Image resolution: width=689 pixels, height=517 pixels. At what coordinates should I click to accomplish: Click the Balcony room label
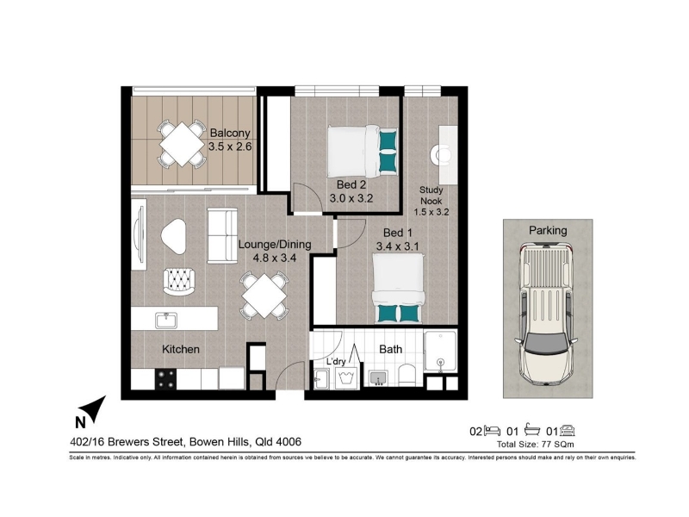pyautogui.click(x=230, y=133)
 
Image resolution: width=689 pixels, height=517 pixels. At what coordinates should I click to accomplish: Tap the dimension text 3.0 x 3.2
pyautogui.click(x=351, y=198)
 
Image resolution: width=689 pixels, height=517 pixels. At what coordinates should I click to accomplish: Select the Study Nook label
pyautogui.click(x=431, y=196)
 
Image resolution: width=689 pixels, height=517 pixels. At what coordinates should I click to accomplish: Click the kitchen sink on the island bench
pyautogui.click(x=166, y=320)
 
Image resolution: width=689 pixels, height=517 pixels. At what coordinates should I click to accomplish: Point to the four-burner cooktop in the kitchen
pyautogui.click(x=165, y=379)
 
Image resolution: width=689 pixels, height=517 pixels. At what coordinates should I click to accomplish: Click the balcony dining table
pyautogui.click(x=182, y=144)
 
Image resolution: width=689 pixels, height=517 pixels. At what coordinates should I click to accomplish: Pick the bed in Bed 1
pyautogui.click(x=398, y=289)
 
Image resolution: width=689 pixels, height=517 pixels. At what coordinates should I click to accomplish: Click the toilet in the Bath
pyautogui.click(x=407, y=377)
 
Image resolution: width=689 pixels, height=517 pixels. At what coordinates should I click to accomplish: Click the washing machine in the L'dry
pyautogui.click(x=348, y=378)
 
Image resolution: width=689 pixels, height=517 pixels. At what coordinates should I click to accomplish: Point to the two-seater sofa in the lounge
pyautogui.click(x=222, y=235)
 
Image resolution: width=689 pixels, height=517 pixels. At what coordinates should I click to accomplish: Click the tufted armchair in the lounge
pyautogui.click(x=179, y=282)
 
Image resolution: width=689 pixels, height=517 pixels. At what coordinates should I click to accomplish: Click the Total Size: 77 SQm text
pyautogui.click(x=535, y=445)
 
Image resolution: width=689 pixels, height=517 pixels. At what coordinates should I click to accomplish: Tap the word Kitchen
pyautogui.click(x=181, y=349)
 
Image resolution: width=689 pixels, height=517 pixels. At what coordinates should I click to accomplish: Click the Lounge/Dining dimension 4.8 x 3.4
pyautogui.click(x=274, y=258)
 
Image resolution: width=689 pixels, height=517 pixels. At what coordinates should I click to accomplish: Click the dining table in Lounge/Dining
pyautogui.click(x=264, y=296)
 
